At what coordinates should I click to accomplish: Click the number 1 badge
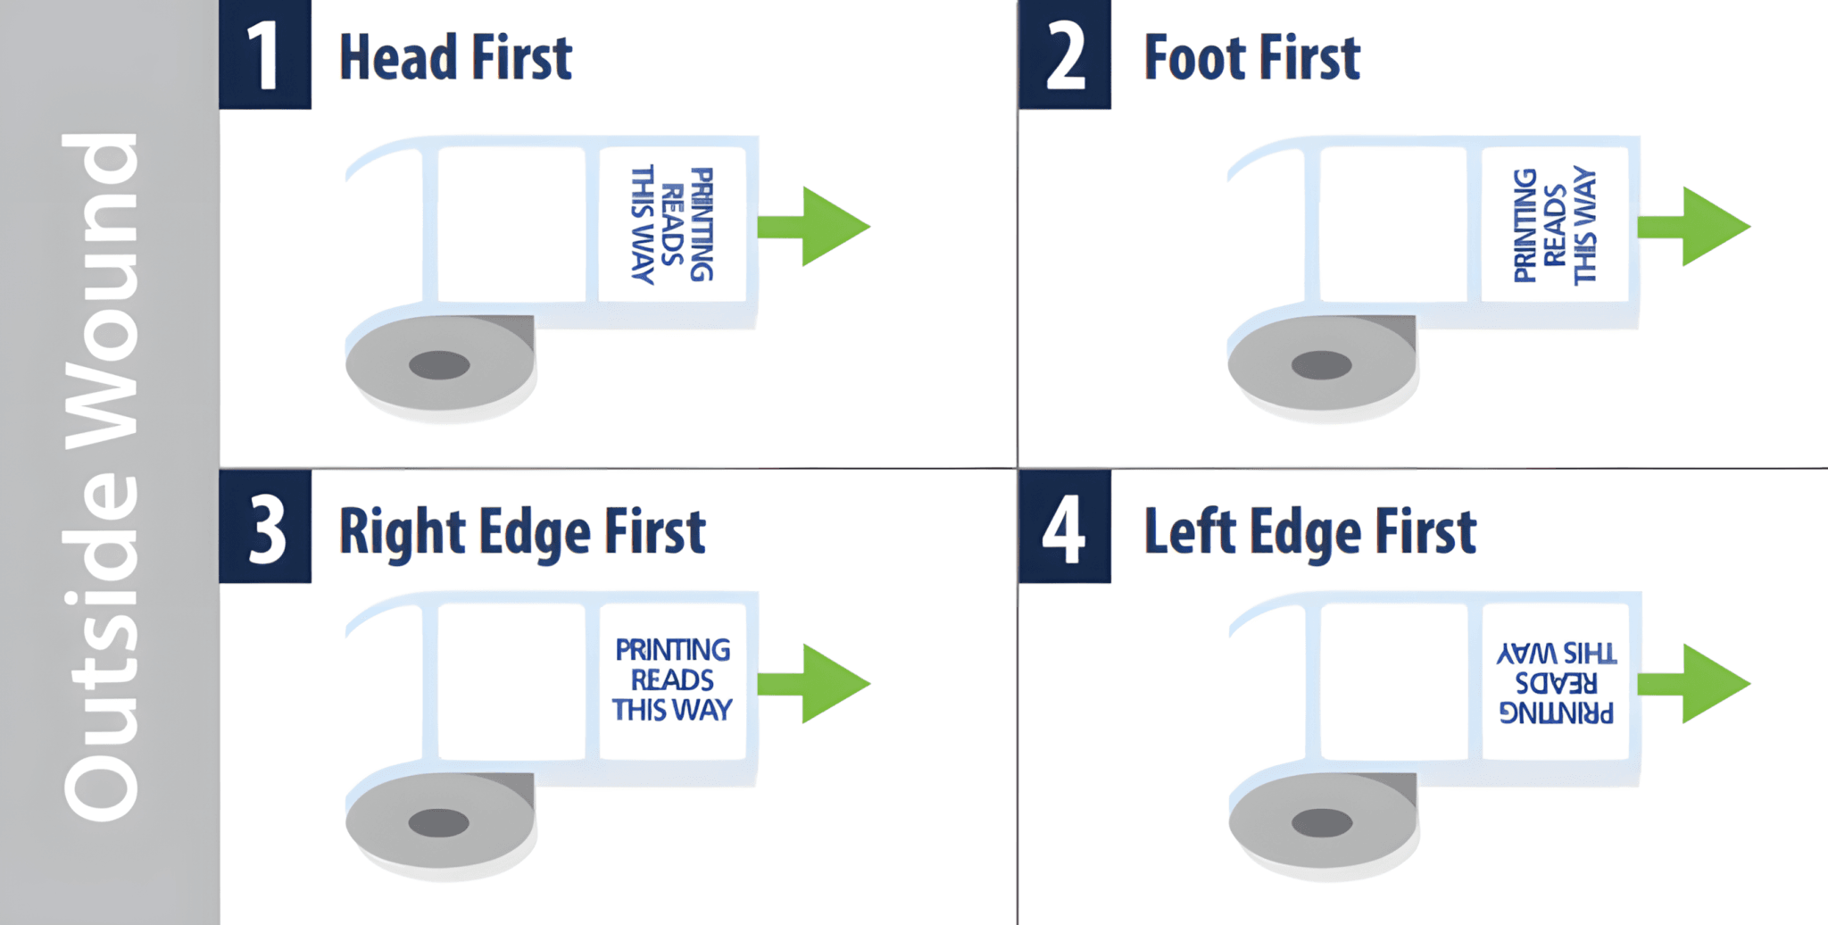coord(265,54)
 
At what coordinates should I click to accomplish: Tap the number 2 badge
coord(1065,54)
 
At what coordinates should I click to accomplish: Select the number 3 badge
coord(265,527)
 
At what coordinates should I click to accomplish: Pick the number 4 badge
coord(1065,527)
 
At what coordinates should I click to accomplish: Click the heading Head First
coord(455,57)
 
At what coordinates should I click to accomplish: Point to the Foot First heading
coord(1252,57)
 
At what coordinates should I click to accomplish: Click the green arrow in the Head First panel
coord(814,226)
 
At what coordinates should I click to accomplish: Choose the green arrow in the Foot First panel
coord(1694,226)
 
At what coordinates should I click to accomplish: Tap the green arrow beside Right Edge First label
coord(814,683)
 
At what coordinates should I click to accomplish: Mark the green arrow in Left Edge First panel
coord(1694,683)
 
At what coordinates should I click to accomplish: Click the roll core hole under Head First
coord(439,365)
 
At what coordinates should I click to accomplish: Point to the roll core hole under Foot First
coord(1321,365)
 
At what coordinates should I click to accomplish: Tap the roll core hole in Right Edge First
coord(439,822)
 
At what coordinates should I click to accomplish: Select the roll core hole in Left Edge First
coord(1321,822)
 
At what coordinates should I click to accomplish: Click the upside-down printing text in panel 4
coord(1557,683)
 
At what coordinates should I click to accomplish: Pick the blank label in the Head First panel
coord(511,224)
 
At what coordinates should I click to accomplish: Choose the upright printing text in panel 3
coord(673,679)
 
